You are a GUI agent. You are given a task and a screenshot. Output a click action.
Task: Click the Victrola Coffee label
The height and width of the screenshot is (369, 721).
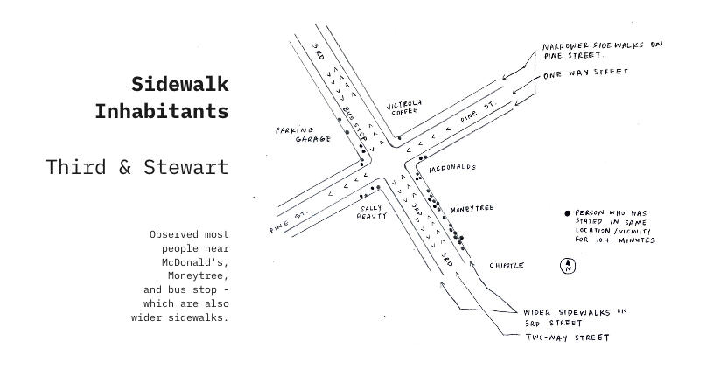click(x=403, y=108)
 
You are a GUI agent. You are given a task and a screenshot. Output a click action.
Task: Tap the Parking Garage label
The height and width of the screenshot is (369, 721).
click(x=303, y=134)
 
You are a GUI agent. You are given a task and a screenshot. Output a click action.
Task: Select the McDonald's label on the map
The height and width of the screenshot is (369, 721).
click(x=452, y=168)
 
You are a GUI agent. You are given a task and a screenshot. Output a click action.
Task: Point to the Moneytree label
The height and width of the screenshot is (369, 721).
click(x=472, y=209)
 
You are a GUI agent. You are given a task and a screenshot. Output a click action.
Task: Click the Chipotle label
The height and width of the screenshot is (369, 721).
click(x=507, y=266)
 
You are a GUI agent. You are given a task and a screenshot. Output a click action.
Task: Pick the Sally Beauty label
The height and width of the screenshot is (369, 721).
click(x=372, y=212)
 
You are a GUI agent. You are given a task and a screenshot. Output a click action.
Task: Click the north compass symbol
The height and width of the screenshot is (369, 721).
click(x=568, y=266)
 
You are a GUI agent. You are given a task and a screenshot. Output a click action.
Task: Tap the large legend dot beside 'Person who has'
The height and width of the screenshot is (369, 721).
click(x=567, y=213)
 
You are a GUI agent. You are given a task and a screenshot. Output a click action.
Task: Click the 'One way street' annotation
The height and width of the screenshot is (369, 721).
click(x=586, y=73)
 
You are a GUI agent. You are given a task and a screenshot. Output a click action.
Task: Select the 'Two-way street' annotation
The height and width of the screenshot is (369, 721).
click(x=567, y=338)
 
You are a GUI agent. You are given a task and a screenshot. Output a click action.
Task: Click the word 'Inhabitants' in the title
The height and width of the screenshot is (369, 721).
click(x=162, y=111)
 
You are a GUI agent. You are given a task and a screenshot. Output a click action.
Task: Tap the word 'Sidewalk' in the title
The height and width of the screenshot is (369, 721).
click(x=180, y=84)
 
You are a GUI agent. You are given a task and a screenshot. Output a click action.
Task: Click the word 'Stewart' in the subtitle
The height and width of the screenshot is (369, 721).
click(x=186, y=167)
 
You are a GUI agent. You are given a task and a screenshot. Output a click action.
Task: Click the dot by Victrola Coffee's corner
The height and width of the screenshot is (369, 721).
click(x=399, y=137)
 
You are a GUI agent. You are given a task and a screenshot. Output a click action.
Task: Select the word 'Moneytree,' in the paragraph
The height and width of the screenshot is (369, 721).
click(x=198, y=276)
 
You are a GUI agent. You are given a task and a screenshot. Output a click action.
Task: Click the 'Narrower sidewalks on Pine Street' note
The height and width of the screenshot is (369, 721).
click(x=602, y=50)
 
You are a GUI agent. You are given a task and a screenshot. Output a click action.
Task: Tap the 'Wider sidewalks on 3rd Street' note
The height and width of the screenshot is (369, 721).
click(x=575, y=317)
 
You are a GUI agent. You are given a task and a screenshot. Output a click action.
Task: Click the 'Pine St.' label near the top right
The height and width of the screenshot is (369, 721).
click(x=479, y=112)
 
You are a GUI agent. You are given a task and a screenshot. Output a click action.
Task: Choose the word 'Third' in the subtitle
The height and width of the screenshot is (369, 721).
click(x=76, y=167)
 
